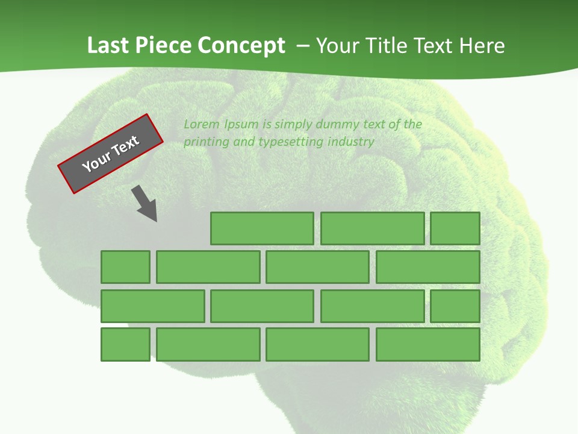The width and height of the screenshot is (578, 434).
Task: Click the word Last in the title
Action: coord(108,46)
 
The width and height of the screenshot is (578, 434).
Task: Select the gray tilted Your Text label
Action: coord(110,154)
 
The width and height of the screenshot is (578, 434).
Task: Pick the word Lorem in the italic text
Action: coord(202,124)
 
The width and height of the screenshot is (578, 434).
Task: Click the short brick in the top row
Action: coord(455,228)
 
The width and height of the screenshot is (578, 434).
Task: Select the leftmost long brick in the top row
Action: coord(262,228)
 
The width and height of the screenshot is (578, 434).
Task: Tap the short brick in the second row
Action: coord(125,267)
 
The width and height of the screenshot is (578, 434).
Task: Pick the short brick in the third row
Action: coord(455,306)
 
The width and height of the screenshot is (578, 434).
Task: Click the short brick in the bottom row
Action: coord(125,344)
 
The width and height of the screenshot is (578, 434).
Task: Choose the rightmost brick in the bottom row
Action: coord(428,344)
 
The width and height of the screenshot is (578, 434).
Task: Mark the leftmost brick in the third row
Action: coord(152,306)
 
